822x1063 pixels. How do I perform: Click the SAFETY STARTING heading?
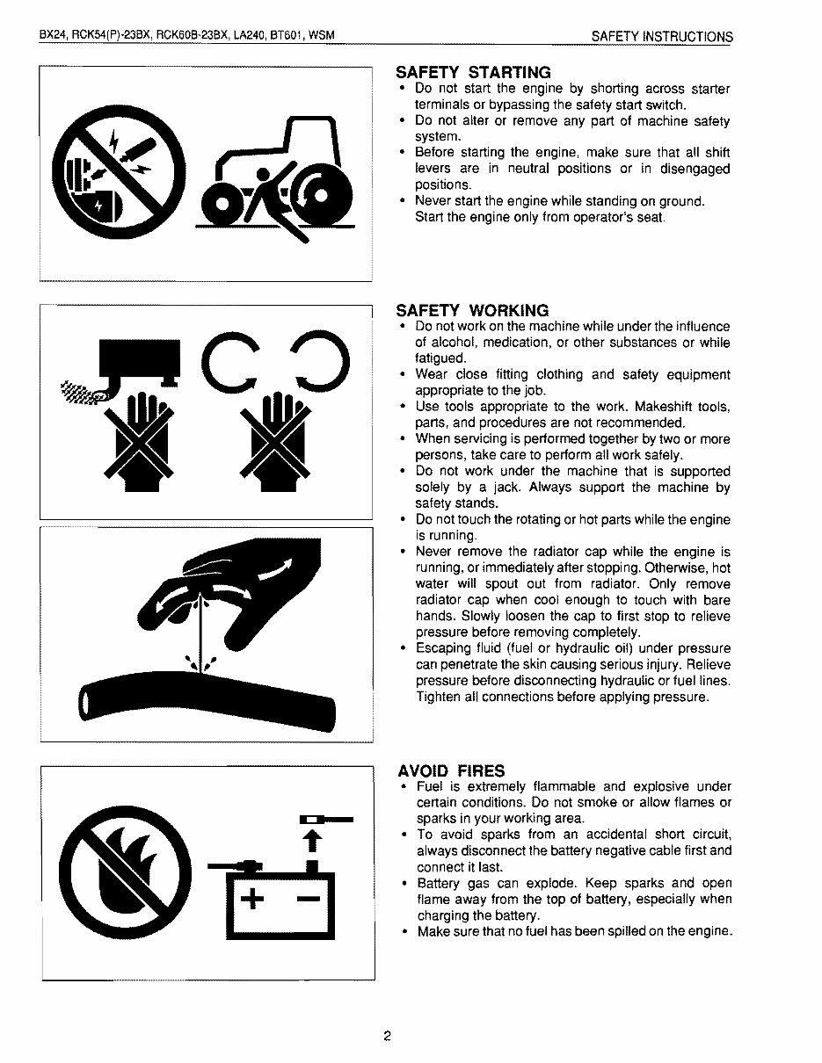click(473, 72)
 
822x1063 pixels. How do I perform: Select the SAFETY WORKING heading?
click(472, 311)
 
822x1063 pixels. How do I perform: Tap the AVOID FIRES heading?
click(451, 771)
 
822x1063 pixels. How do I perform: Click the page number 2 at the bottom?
click(387, 1036)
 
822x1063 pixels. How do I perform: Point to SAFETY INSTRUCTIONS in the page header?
click(662, 37)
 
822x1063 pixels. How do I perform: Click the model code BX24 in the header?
click(54, 35)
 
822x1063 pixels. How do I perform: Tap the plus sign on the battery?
click(252, 898)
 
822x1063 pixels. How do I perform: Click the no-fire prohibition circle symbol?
click(125, 869)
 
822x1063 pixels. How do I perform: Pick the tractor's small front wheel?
click(222, 204)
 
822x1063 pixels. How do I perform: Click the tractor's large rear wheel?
click(321, 194)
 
